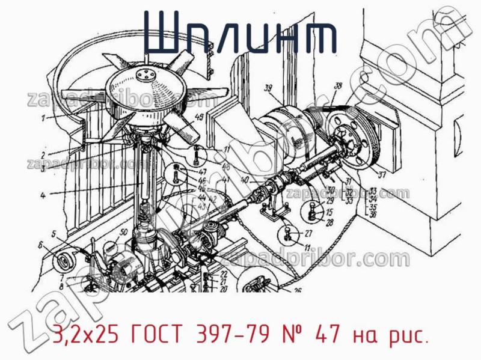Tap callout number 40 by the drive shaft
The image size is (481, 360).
pos(244,179)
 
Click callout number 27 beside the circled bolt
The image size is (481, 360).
pos(308,234)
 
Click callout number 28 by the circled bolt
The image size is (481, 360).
pos(329,222)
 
